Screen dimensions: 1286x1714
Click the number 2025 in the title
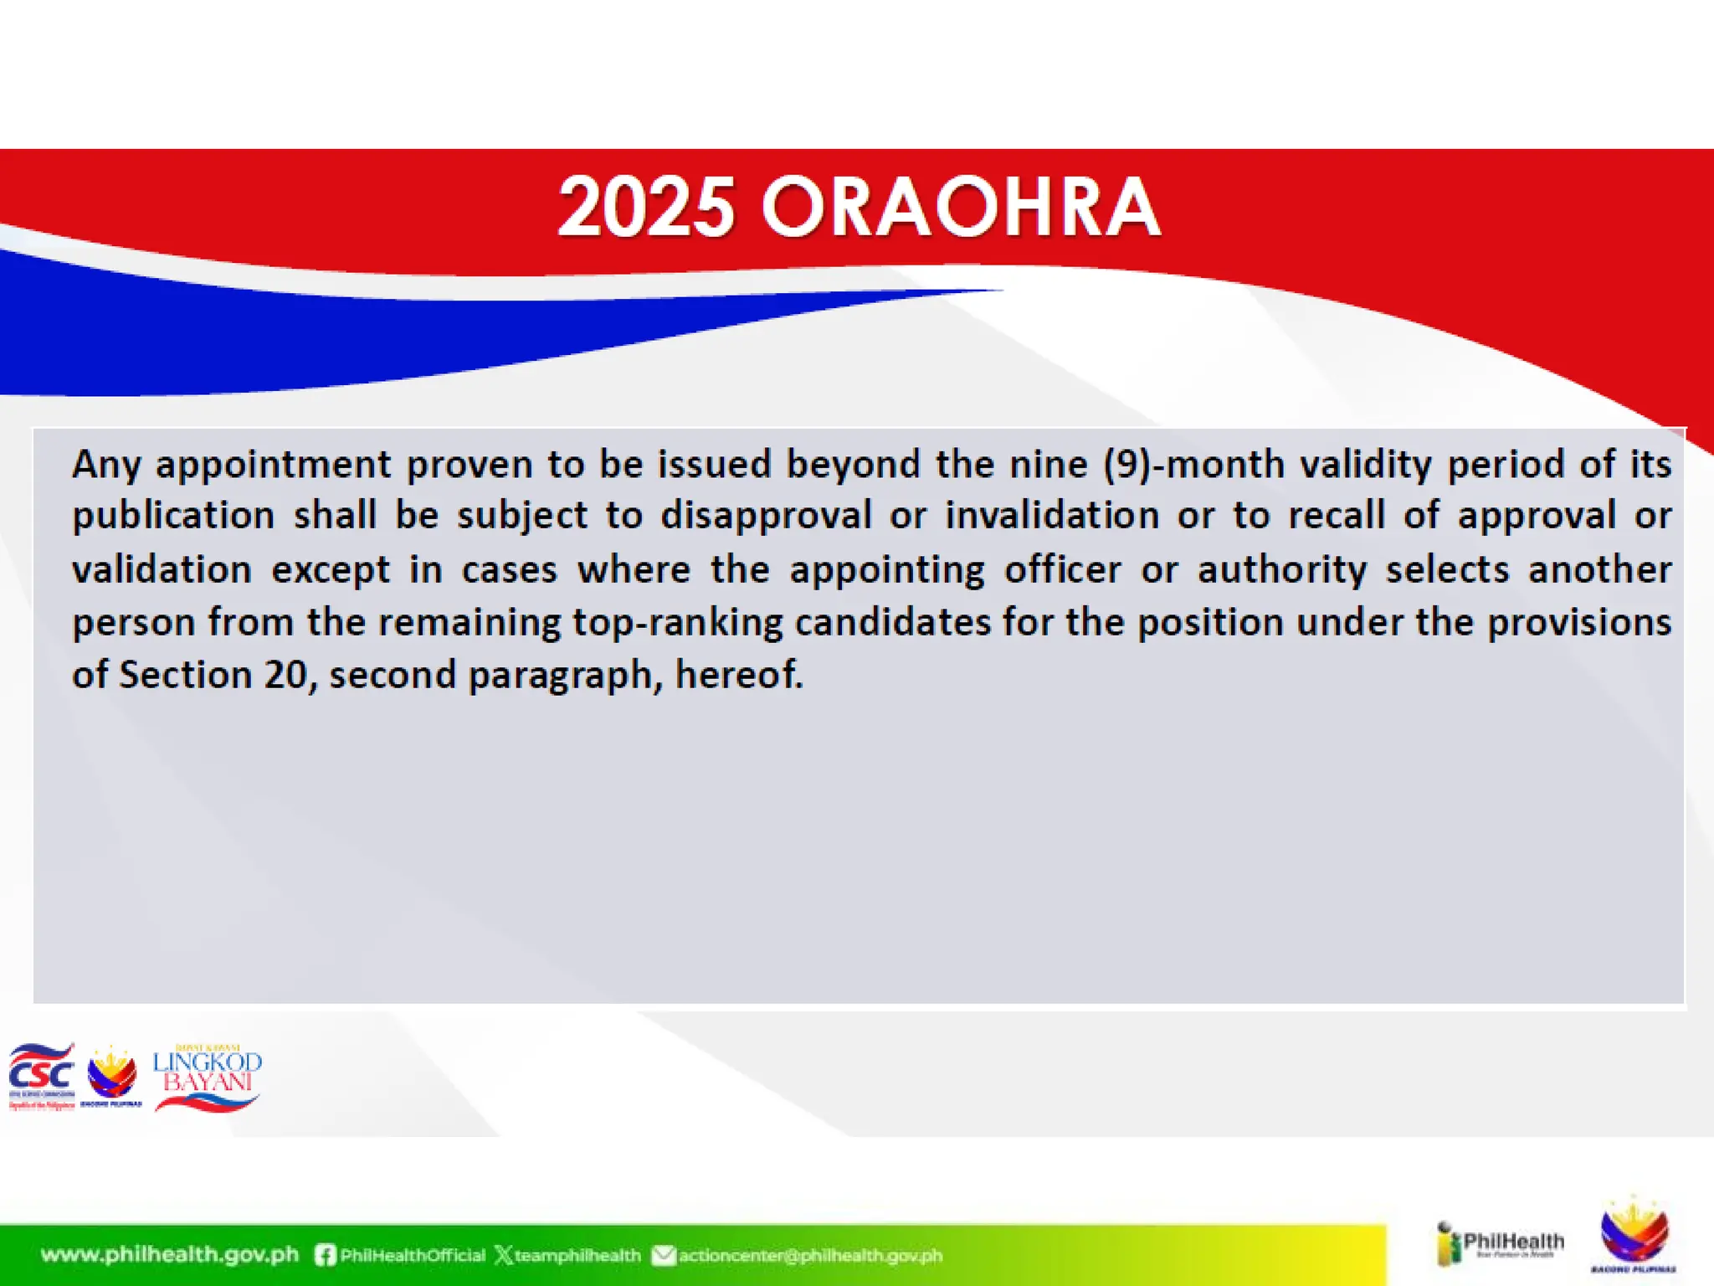click(x=646, y=207)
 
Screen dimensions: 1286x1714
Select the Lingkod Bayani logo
click(x=207, y=1078)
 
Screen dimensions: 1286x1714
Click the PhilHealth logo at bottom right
click(x=1500, y=1244)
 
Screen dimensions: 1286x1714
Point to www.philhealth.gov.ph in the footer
click(x=170, y=1255)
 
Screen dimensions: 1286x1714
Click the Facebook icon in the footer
click(x=326, y=1255)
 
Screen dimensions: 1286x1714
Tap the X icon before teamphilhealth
click(x=504, y=1255)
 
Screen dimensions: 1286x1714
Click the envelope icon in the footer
click(x=663, y=1255)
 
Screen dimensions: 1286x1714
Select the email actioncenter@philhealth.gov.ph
click(x=810, y=1256)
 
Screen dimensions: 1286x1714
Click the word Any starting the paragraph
click(x=106, y=465)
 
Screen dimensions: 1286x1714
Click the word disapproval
click(x=766, y=516)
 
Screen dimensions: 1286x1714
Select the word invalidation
click(x=1052, y=516)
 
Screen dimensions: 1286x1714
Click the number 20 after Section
click(x=285, y=675)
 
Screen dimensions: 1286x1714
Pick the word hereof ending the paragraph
click(x=736, y=675)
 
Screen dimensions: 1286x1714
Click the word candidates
click(x=892, y=622)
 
